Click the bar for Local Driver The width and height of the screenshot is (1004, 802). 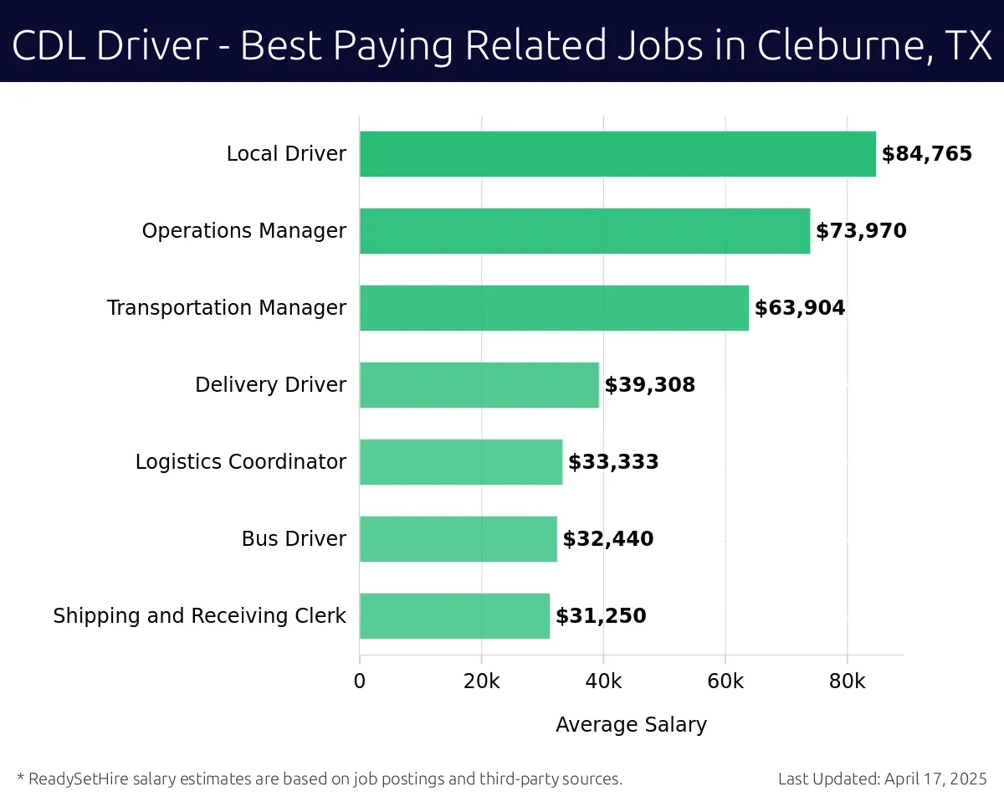point(617,154)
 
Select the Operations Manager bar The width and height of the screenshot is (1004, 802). point(585,231)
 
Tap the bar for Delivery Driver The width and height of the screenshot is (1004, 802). point(479,385)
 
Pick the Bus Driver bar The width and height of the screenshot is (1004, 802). point(458,539)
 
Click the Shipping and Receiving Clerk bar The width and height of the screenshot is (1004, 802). point(454,616)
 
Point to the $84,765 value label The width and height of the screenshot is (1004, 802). point(927,154)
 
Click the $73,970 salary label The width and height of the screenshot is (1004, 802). point(861,231)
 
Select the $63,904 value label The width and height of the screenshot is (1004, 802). point(800,308)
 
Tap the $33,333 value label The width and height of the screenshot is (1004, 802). point(613,462)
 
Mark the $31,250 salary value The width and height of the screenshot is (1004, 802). point(601,616)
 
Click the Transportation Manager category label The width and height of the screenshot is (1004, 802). point(227,308)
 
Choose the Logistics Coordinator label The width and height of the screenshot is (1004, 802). point(241,462)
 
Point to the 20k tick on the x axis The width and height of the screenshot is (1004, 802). point(481,681)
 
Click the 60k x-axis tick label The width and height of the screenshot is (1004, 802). point(725,681)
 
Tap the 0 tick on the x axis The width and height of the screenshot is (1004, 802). point(360,681)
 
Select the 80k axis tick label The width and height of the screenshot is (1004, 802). point(847,681)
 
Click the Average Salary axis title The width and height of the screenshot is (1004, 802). point(631,725)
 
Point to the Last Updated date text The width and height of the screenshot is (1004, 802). point(883,779)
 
